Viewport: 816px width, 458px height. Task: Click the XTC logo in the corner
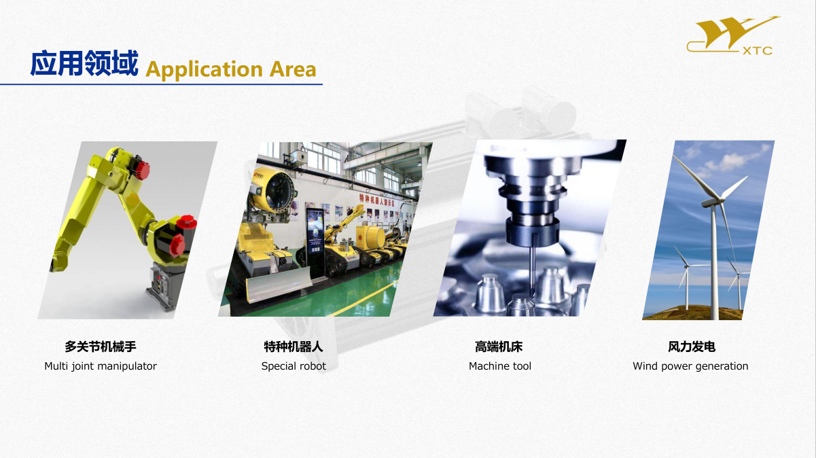point(733,36)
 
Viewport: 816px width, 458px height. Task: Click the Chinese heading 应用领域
point(84,63)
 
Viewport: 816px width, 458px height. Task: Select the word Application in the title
point(204,69)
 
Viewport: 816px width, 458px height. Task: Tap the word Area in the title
point(293,69)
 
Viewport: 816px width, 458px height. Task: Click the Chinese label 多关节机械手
point(101,347)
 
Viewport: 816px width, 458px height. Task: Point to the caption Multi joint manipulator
point(101,366)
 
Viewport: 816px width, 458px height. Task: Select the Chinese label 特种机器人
point(294,347)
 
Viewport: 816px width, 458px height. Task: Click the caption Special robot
point(294,366)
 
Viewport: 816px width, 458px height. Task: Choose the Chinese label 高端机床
point(499,347)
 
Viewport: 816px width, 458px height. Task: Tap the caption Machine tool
point(500,366)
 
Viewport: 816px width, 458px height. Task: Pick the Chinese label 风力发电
point(692,347)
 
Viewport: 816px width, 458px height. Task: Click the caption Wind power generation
point(690,366)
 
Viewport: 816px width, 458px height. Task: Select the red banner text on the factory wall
point(376,200)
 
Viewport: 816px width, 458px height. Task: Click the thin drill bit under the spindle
point(532,270)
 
